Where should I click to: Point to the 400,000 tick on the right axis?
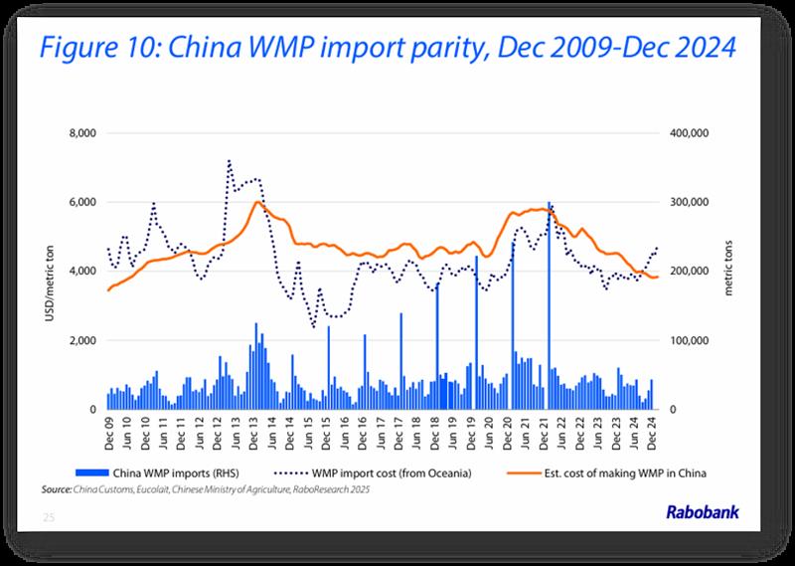pyautogui.click(x=686, y=133)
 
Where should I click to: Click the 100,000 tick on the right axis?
pyautogui.click(x=686, y=340)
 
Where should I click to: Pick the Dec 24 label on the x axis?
pyautogui.click(x=654, y=431)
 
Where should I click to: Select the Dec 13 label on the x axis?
pyautogui.click(x=253, y=431)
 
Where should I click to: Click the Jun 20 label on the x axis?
pyautogui.click(x=490, y=431)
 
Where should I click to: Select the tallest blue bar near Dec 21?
pyautogui.click(x=549, y=298)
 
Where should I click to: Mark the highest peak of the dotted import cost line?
pyautogui.click(x=230, y=159)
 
